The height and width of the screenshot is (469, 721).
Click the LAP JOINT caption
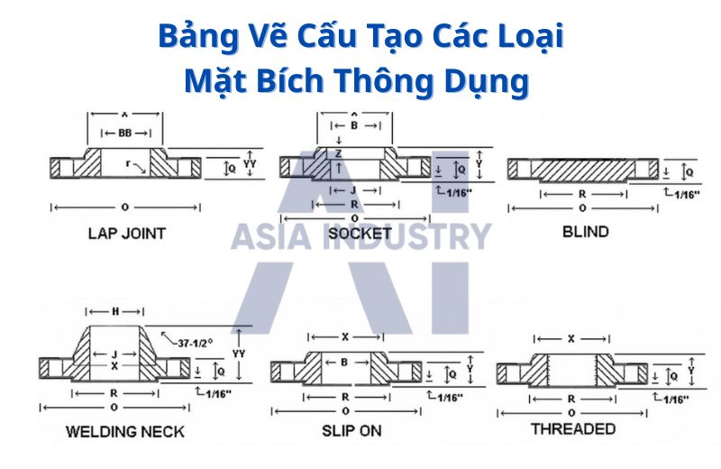coord(126,234)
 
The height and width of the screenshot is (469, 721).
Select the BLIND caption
coord(585,232)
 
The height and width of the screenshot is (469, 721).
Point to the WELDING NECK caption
coord(124,431)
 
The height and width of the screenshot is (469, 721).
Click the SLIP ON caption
coord(351,430)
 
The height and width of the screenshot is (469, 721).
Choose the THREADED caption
coord(573,428)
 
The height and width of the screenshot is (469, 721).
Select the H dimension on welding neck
coord(114,312)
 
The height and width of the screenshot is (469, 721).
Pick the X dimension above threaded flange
coord(571,340)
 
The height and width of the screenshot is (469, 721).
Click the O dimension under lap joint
coord(124,207)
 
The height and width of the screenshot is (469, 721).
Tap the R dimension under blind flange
coord(584,194)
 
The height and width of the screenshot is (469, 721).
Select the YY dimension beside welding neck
coord(239,354)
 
